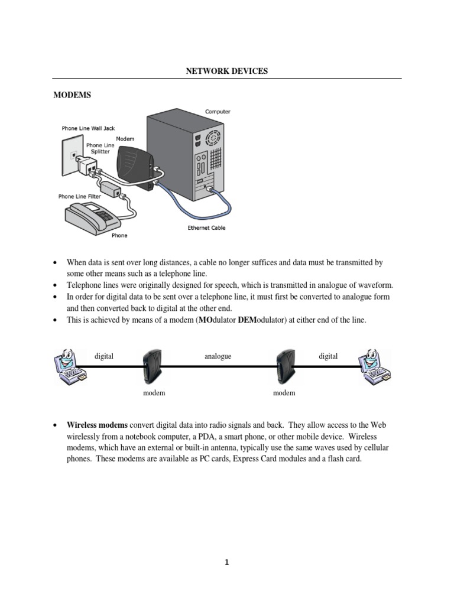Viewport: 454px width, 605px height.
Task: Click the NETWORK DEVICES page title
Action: coord(227,71)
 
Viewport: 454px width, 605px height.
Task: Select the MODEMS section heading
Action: coord(72,95)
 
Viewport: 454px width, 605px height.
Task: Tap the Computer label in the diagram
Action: coord(218,112)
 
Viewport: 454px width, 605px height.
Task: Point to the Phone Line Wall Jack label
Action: coord(88,128)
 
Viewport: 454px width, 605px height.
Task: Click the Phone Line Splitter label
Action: coord(100,148)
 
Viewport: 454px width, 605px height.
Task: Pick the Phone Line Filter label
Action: coord(80,196)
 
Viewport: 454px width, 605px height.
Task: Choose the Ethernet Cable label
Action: coord(206,227)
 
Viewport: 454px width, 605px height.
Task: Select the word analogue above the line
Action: coord(218,356)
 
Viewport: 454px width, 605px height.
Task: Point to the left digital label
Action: coord(104,356)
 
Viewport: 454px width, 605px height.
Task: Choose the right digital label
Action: coord(328,356)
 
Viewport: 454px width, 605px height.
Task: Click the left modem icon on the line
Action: coord(151,366)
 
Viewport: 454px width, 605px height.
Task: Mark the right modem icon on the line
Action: coord(286,366)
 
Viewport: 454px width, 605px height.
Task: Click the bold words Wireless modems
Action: coord(97,425)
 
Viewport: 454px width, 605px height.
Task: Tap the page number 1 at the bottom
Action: coord(226,562)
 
